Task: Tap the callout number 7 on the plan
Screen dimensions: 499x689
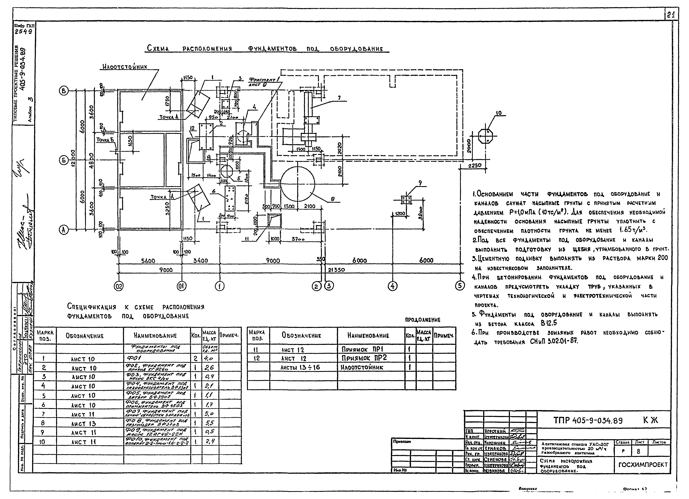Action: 339,98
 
